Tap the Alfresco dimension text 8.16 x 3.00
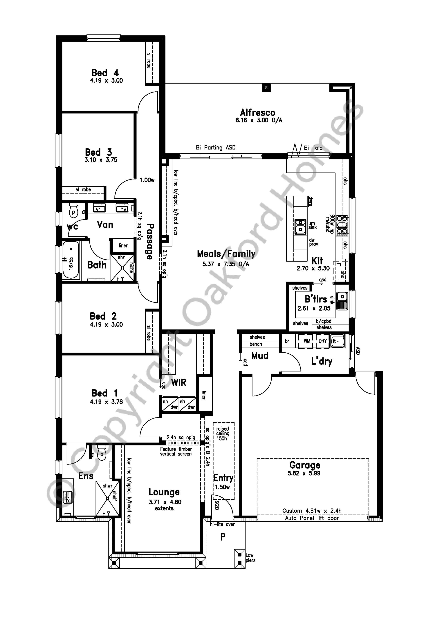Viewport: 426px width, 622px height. (x=258, y=120)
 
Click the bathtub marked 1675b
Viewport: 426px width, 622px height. (x=71, y=260)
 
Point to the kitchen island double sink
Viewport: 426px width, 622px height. (x=300, y=226)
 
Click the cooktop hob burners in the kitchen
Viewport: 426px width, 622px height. (x=342, y=226)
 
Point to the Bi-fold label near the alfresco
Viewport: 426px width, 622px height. (x=313, y=148)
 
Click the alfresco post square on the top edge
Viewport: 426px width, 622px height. (x=266, y=88)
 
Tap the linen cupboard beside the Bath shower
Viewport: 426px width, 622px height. (x=123, y=245)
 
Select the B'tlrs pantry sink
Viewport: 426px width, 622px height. (x=342, y=301)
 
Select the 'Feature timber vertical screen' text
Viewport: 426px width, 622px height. (x=176, y=451)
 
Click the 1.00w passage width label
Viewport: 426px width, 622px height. (x=147, y=180)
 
